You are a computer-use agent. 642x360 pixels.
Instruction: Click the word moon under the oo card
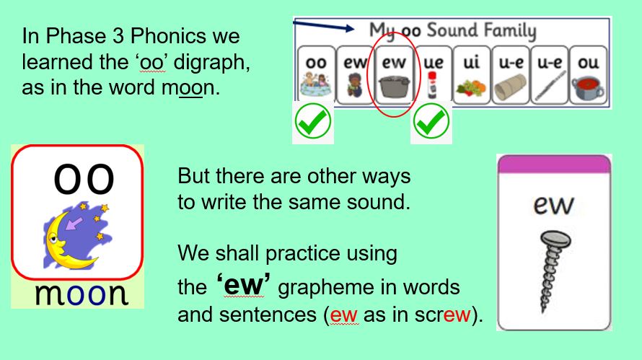pos(82,294)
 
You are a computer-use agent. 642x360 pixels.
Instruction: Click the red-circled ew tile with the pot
pos(394,75)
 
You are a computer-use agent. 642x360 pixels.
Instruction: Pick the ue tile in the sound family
pos(433,75)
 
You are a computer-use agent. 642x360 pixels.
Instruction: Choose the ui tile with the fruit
pos(471,75)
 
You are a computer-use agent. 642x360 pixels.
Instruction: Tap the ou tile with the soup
pos(588,75)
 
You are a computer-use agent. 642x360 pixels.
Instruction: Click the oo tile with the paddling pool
pos(316,75)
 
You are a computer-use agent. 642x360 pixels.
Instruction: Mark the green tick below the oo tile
pos(313,121)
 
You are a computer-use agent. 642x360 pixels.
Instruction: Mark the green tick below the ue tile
pos(431,121)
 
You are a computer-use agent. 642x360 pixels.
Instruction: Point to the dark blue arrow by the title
pos(323,25)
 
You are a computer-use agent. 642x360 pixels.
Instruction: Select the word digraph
pos(211,63)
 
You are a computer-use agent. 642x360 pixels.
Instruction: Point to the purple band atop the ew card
pos(554,164)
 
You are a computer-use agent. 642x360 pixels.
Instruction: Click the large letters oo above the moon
pos(84,179)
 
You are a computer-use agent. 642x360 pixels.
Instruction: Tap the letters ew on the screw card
pos(553,205)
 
